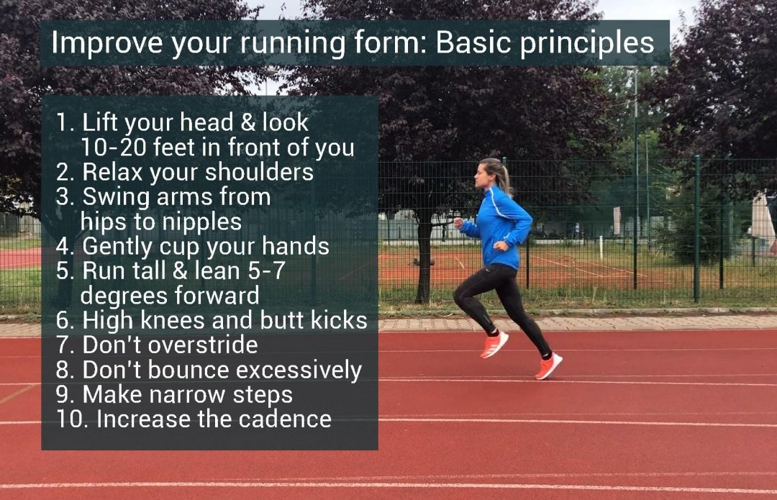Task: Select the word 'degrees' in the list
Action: (x=118, y=296)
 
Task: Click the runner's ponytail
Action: (x=504, y=177)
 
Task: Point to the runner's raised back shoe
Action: (x=548, y=366)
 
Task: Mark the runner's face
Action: (x=481, y=177)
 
